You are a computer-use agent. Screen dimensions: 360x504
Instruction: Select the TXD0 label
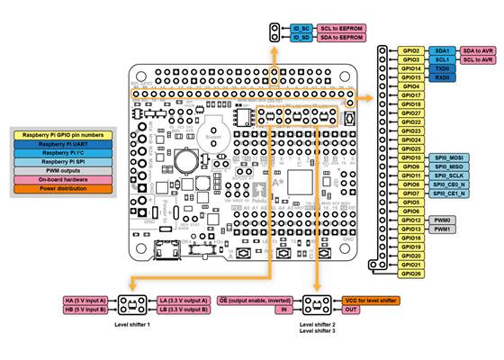pyautogui.click(x=443, y=68)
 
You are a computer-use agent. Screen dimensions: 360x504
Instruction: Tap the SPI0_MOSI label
pyautogui.click(x=447, y=157)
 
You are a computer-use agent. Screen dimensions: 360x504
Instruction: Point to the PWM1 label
pyautogui.click(x=443, y=229)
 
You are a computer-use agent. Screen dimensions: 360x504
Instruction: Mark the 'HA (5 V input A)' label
pyautogui.click(x=85, y=301)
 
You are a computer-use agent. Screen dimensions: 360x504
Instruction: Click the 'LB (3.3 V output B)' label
pyautogui.click(x=184, y=310)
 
